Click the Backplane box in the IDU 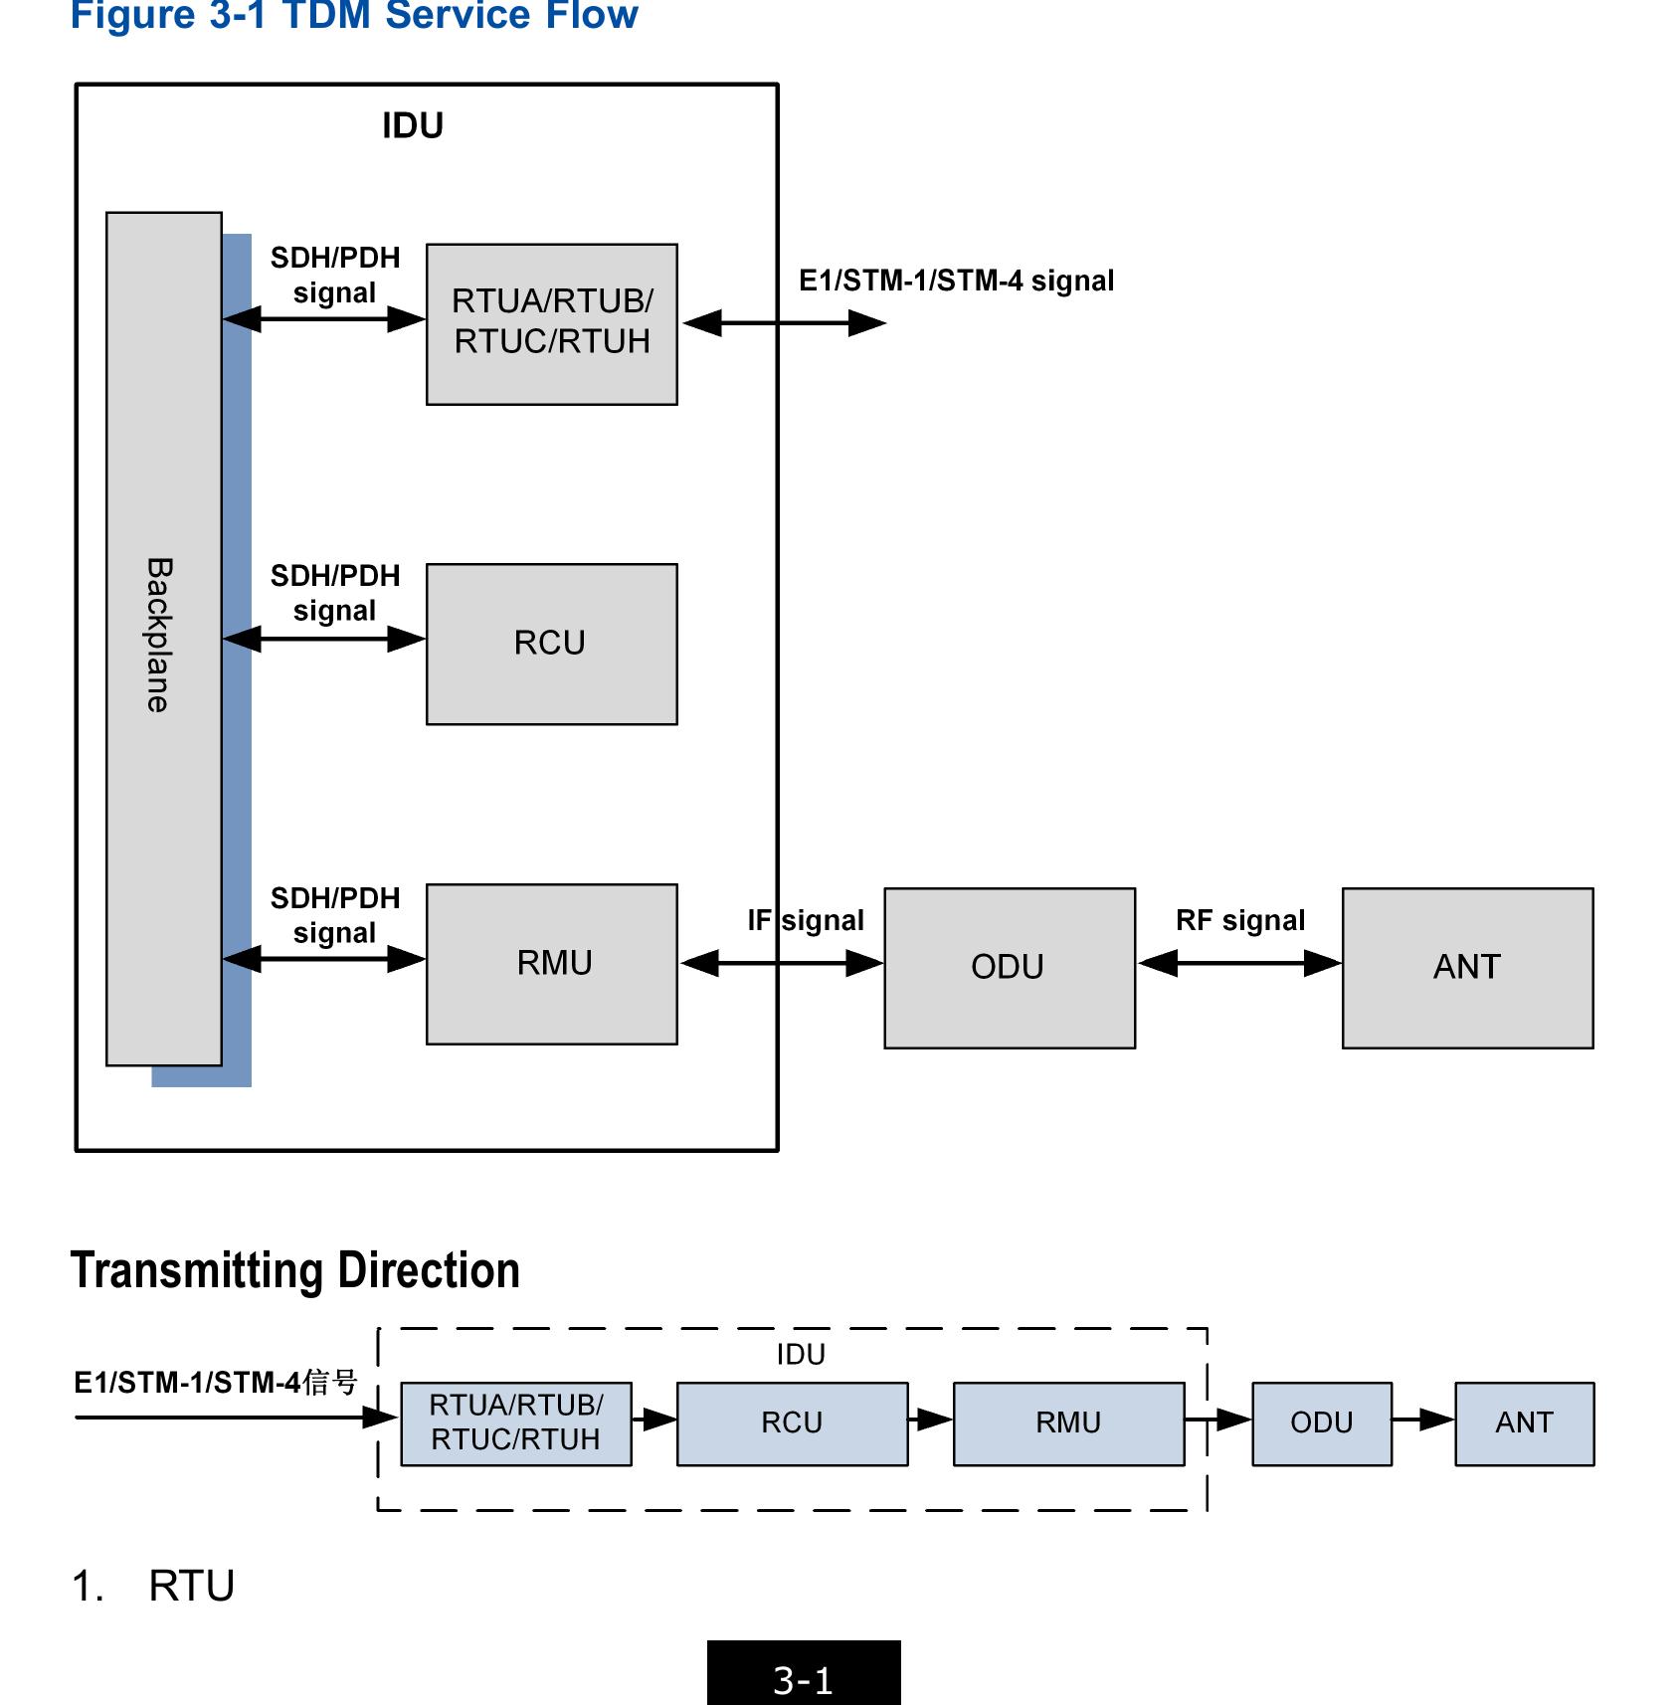click(x=163, y=638)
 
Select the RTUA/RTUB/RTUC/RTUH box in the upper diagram click(x=551, y=323)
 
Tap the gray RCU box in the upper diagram click(x=551, y=644)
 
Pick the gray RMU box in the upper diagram click(x=551, y=963)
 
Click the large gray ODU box click(x=1009, y=967)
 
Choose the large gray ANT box click(x=1466, y=967)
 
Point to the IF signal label click(x=806, y=920)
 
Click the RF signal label click(x=1239, y=920)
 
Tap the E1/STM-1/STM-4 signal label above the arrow click(x=956, y=281)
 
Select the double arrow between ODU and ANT click(x=1239, y=963)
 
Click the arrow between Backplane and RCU click(x=324, y=639)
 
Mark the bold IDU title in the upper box click(x=413, y=126)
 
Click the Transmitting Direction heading click(x=295, y=1270)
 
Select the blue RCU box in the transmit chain click(x=792, y=1422)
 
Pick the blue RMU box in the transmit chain click(x=1068, y=1422)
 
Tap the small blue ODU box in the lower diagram click(x=1321, y=1422)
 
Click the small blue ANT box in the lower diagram click(x=1524, y=1422)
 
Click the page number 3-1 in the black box click(x=803, y=1680)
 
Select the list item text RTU click(x=191, y=1586)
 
